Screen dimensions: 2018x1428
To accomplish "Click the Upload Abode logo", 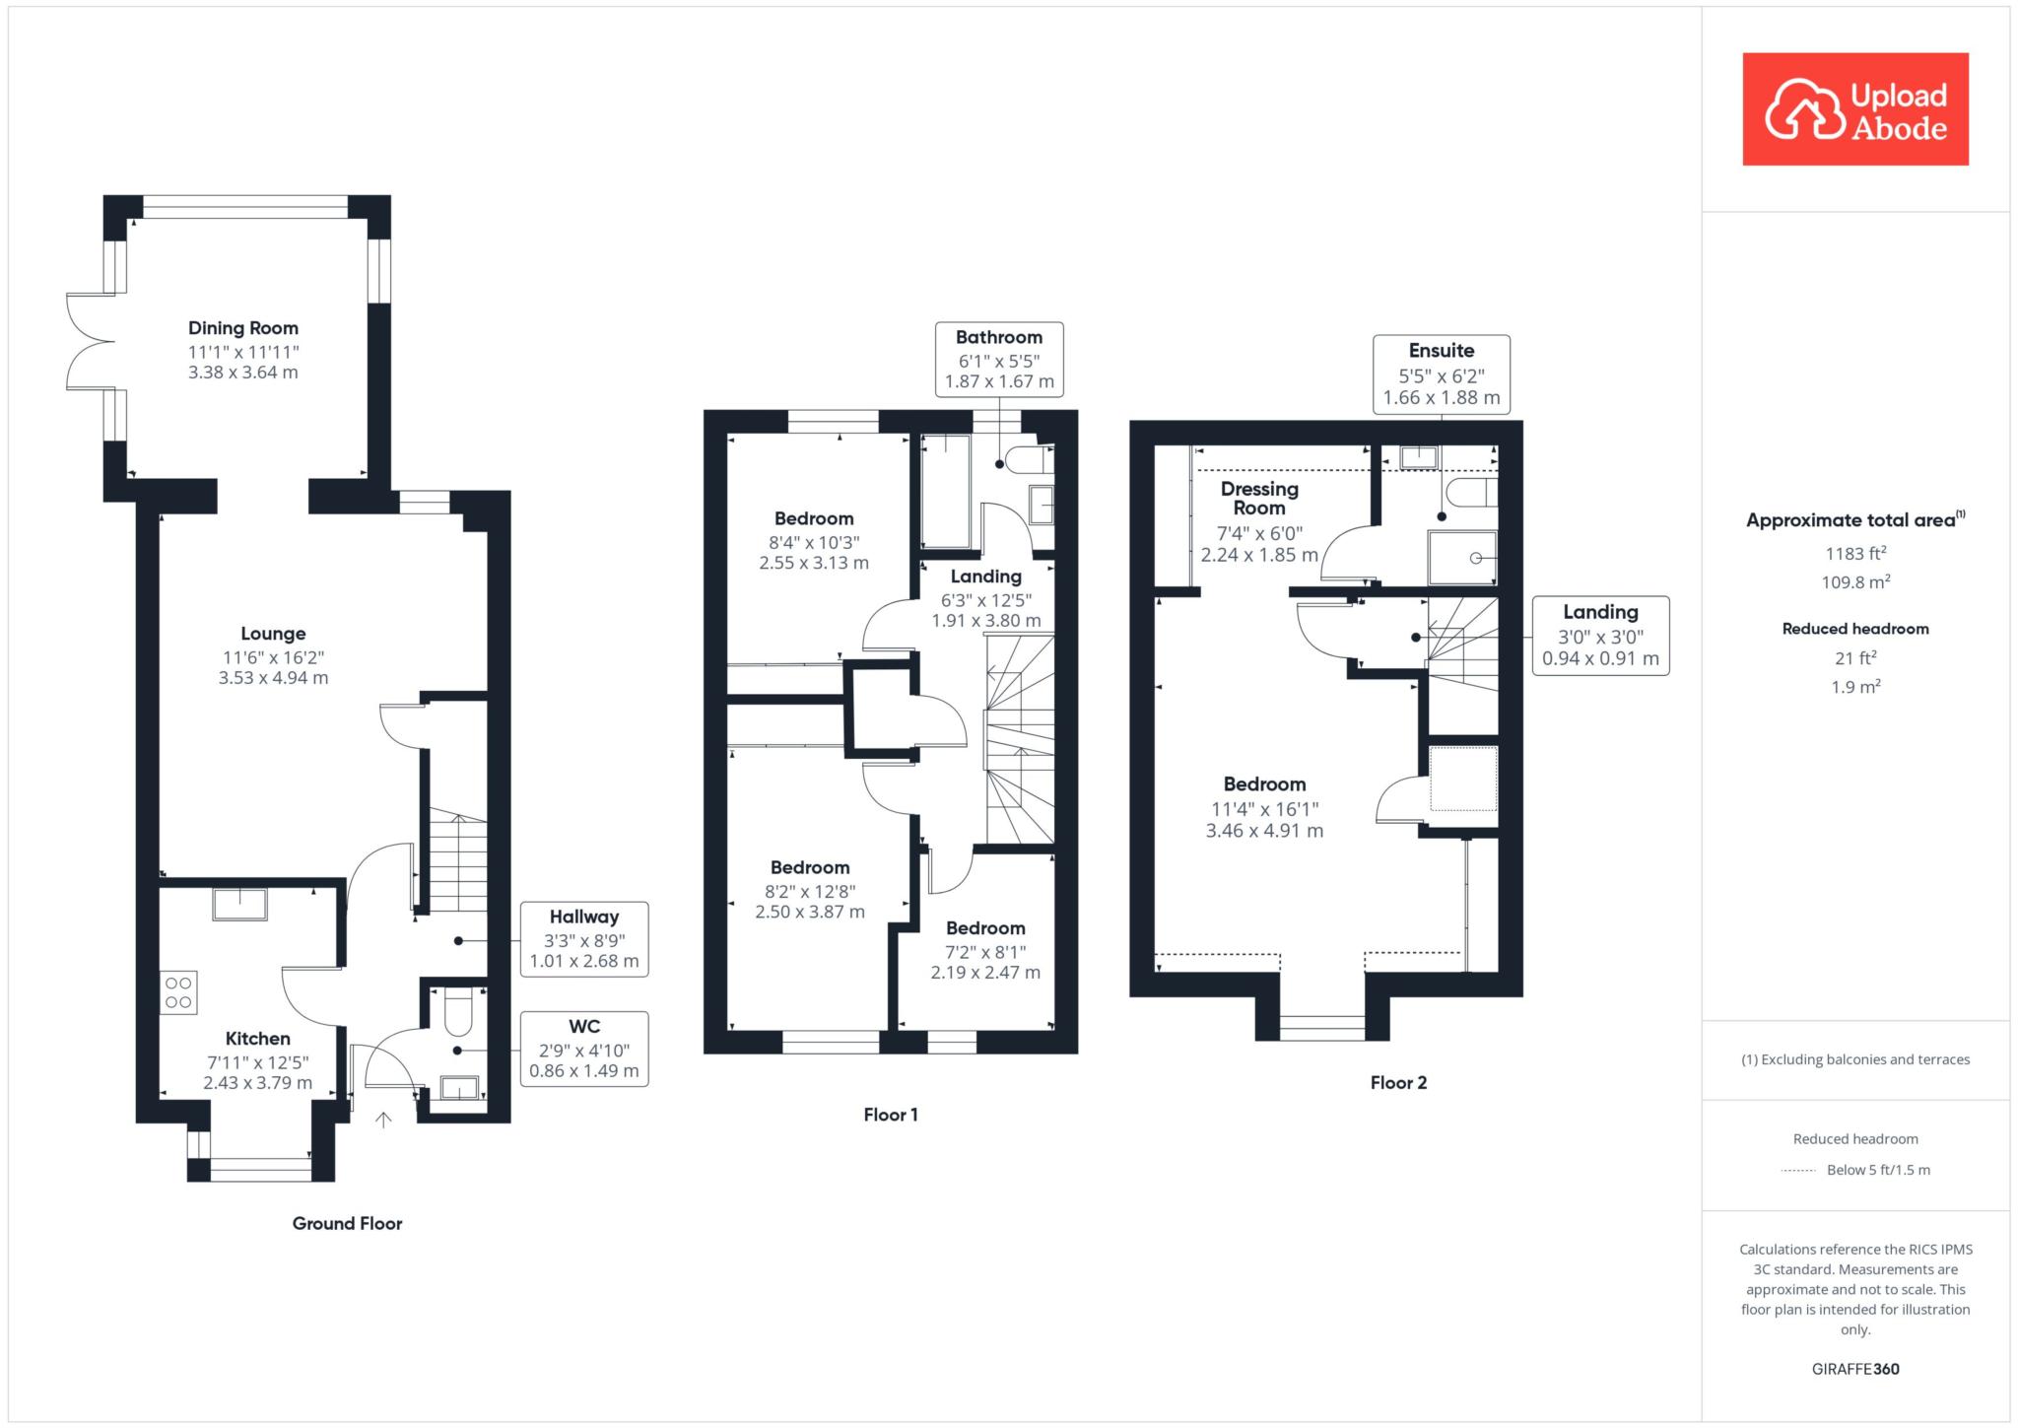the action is [x=1855, y=109].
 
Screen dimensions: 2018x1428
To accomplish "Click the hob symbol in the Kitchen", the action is [x=178, y=992].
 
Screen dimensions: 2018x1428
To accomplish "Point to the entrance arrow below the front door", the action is [x=383, y=1119].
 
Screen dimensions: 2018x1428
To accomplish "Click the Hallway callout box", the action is [x=584, y=939].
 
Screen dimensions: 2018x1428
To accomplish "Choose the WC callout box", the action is [x=584, y=1049].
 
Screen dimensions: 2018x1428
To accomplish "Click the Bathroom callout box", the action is [x=999, y=359].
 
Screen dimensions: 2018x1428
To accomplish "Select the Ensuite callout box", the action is [x=1442, y=374].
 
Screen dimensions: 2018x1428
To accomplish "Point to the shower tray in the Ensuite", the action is [x=1463, y=558].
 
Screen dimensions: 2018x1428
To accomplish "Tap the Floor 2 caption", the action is [x=1398, y=1082].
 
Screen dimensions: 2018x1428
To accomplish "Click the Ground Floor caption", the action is [x=347, y=1223].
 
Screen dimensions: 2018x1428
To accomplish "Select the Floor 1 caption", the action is [x=891, y=1115].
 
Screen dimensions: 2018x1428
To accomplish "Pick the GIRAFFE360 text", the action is [x=1855, y=1369].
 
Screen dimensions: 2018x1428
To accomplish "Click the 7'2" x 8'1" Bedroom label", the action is [x=985, y=950].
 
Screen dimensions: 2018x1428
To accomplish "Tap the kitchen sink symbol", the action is [x=239, y=904].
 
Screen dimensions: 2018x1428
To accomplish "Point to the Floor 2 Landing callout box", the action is [x=1600, y=636].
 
